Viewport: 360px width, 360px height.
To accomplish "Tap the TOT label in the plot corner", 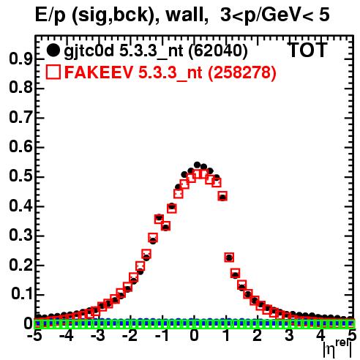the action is coord(307,50).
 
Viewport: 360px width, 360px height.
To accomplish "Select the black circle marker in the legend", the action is coord(53,50).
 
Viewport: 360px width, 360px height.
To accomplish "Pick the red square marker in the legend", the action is coord(53,72).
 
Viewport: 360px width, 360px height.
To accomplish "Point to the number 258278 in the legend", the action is coord(242,72).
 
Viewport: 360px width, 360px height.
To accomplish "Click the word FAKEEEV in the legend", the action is coord(99,72).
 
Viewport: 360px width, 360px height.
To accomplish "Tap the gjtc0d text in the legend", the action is coord(89,51).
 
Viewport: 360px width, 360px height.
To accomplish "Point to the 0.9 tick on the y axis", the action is coord(20,59).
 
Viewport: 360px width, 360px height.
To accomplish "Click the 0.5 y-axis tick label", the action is coord(20,177).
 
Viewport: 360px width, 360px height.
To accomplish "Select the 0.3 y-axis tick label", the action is coord(20,236).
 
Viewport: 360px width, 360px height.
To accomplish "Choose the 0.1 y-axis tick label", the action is coord(21,294).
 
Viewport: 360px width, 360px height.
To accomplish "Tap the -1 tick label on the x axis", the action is coord(162,336).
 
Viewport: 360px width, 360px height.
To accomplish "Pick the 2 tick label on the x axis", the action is coord(258,336).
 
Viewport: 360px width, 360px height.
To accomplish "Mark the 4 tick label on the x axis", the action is coord(321,336).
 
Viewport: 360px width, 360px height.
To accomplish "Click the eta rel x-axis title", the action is coord(337,348).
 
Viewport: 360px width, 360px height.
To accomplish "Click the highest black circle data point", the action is coord(197,165).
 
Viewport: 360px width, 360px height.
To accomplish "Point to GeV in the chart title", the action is coord(277,15).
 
